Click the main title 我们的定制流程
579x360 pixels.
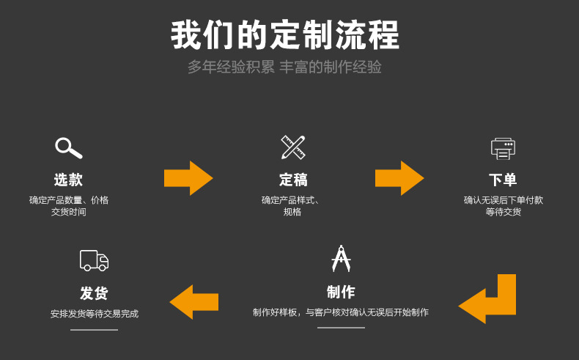pos(285,35)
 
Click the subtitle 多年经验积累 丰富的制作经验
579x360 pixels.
pos(284,67)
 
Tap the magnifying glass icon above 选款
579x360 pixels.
pos(68,147)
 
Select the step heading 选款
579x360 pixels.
pos(68,180)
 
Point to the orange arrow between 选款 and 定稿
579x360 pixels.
pos(188,178)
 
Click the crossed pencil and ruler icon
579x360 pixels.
pos(292,147)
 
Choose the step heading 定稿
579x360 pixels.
pos(293,180)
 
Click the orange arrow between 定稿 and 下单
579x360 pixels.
pos(399,178)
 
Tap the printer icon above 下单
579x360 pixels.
pos(503,148)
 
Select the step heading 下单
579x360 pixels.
pos(503,180)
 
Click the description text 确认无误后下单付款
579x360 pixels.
pos(503,200)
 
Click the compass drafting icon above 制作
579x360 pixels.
pos(341,259)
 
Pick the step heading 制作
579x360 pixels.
pos(341,292)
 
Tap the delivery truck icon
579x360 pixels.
pos(94,260)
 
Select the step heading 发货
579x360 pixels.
pos(94,293)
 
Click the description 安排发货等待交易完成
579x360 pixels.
pos(94,314)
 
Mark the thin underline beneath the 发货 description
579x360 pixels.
pos(94,330)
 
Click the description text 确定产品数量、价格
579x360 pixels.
pos(68,200)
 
